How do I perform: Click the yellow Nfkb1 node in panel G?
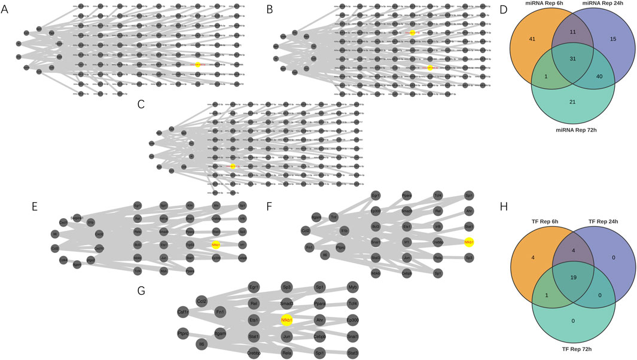[x=287, y=321]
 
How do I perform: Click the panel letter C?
[x=141, y=104]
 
